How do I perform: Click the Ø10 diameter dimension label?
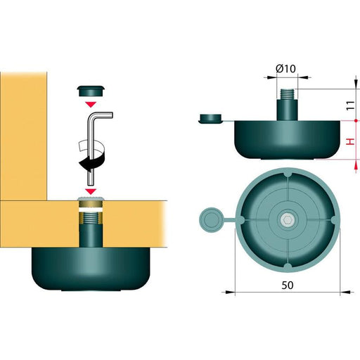click(x=285, y=69)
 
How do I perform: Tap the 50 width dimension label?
click(x=288, y=285)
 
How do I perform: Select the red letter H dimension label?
click(x=350, y=141)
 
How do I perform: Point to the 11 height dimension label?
click(x=350, y=105)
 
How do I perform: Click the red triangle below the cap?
click(x=91, y=104)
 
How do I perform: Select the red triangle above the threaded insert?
click(x=91, y=191)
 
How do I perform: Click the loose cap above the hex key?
click(x=91, y=91)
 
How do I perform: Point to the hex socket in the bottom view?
click(x=287, y=220)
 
